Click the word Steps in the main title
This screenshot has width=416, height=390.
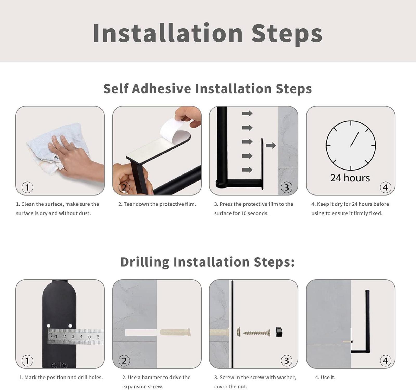pyautogui.click(x=287, y=34)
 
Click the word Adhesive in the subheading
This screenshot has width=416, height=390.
pyautogui.click(x=161, y=89)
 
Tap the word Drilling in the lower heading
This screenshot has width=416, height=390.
pyautogui.click(x=145, y=262)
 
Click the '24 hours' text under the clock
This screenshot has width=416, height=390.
pyautogui.click(x=350, y=178)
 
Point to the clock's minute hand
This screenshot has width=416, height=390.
pyautogui.click(x=355, y=139)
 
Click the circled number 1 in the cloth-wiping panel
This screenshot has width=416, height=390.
pyautogui.click(x=27, y=187)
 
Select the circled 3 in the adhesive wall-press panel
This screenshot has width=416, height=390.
pyautogui.click(x=286, y=187)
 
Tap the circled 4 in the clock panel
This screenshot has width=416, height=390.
pyautogui.click(x=385, y=187)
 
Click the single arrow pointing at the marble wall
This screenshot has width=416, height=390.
pyautogui.click(x=271, y=145)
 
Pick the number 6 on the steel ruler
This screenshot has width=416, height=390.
pyautogui.click(x=98, y=337)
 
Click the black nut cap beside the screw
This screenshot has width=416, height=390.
pyautogui.click(x=279, y=332)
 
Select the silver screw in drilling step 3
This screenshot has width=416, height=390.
pyautogui.click(x=256, y=333)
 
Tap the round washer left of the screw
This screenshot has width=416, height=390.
pyautogui.click(x=239, y=332)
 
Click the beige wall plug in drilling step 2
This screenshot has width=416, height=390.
pyautogui.click(x=175, y=332)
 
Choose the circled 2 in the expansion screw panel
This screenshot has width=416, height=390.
pyautogui.click(x=124, y=361)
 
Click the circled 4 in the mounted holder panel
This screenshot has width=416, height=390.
pyautogui.click(x=385, y=361)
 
